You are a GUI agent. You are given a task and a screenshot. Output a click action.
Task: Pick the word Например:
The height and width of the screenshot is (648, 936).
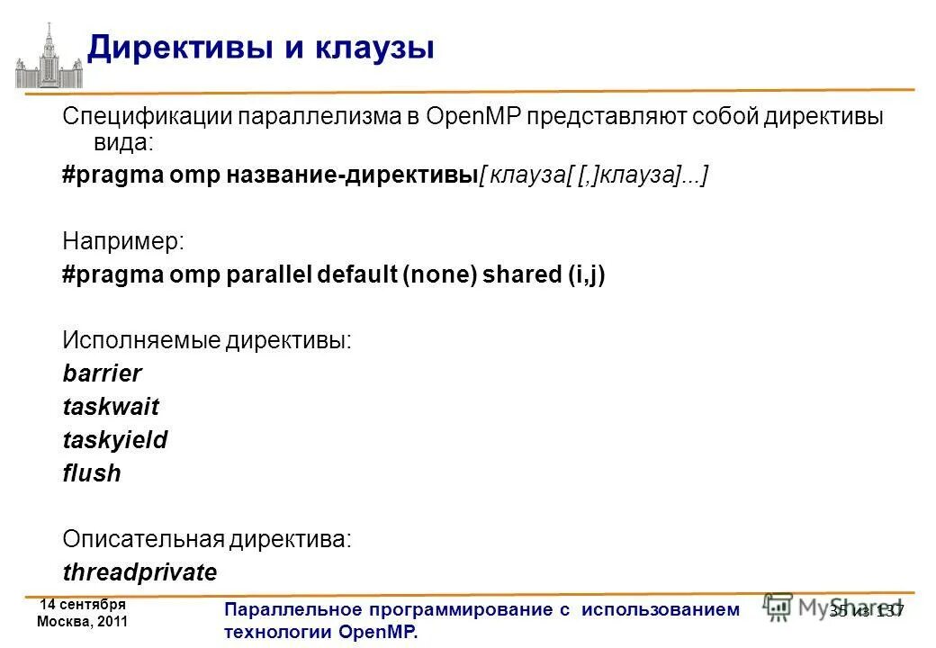point(123,241)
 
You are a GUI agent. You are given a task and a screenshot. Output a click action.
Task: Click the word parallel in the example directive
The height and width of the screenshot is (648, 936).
point(267,274)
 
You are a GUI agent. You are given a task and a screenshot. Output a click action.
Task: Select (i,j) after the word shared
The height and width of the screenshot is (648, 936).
point(586,274)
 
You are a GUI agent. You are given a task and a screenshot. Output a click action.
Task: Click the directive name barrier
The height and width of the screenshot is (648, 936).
point(103,373)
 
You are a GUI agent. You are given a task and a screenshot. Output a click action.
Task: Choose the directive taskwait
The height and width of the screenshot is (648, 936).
point(111,407)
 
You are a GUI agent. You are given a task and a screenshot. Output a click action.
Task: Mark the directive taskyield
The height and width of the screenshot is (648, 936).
point(115,440)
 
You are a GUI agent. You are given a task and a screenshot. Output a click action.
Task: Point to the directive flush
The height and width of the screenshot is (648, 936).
point(92,473)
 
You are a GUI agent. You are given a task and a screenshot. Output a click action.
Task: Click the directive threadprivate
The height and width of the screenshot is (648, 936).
point(139,572)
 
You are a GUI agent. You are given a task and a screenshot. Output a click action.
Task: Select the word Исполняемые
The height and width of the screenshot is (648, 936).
point(141,341)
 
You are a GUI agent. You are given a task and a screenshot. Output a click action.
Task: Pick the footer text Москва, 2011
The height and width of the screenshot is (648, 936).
point(82,622)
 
